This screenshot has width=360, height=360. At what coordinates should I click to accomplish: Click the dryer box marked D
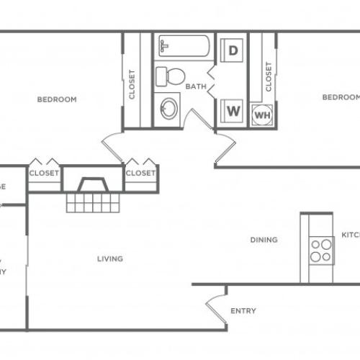[233, 50]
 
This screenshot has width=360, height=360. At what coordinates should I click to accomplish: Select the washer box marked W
[233, 111]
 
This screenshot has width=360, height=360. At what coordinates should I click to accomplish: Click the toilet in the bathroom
[171, 76]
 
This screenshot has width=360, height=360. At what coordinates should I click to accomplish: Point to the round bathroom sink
[170, 109]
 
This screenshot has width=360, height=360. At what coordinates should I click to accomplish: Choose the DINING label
[264, 240]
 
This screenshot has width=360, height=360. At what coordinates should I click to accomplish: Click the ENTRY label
[243, 311]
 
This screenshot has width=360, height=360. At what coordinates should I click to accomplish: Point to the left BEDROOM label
[56, 99]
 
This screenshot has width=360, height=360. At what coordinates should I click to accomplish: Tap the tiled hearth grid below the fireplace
[91, 203]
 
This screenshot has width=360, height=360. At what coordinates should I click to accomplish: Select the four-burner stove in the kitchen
[320, 250]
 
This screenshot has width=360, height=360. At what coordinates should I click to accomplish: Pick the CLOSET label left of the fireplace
[44, 173]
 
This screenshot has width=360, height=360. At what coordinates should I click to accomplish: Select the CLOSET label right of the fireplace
[140, 173]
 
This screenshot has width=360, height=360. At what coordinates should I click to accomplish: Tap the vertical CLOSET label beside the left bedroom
[132, 84]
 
